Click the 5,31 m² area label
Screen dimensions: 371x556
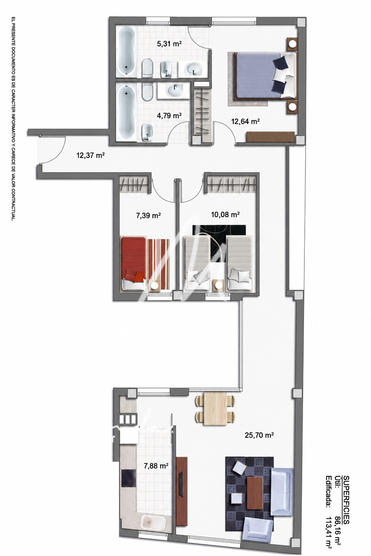(169, 44)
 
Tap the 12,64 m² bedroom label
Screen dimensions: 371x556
(245, 121)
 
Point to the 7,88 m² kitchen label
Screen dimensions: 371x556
(156, 466)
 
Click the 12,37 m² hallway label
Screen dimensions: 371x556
(91, 155)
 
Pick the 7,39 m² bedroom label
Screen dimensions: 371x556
(148, 215)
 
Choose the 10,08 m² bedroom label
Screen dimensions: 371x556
(225, 214)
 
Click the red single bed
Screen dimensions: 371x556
(133, 264)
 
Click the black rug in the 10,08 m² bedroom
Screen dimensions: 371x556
(219, 244)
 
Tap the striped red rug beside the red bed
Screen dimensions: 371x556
(159, 264)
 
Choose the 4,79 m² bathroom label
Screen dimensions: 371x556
(169, 115)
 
